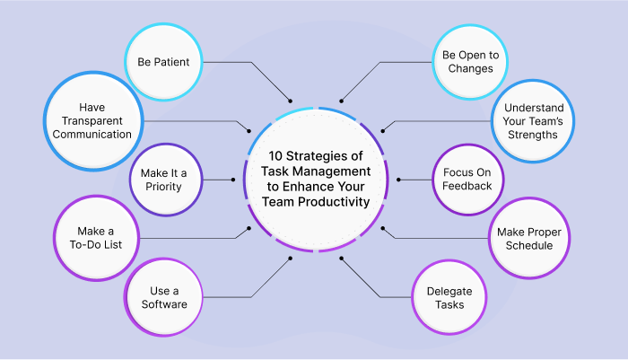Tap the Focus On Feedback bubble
point(467,180)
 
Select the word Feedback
point(467,187)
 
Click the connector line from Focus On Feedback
point(412,180)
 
